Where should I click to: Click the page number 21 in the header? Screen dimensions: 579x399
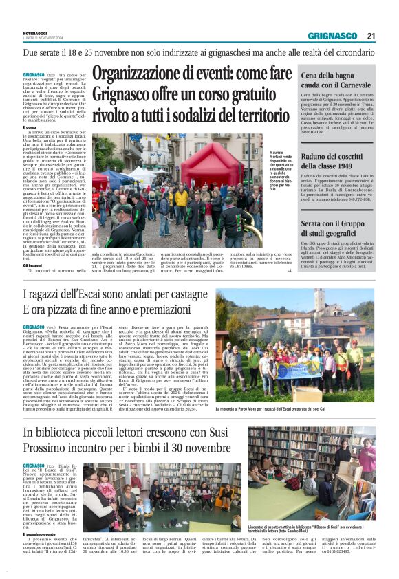click(371, 36)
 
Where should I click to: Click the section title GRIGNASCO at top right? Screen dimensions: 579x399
click(333, 36)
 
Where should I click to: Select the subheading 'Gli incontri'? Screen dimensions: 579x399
click(32, 265)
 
